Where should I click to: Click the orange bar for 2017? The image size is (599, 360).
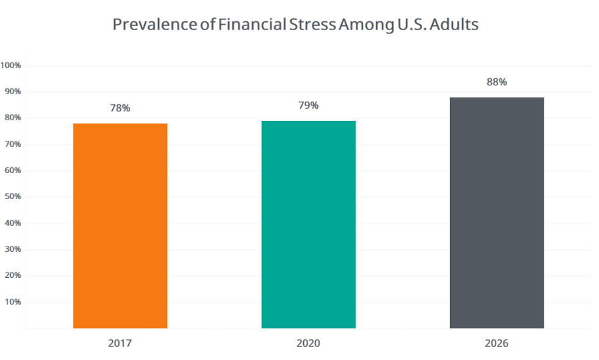coord(120,226)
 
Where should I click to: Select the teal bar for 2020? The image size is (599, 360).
coord(309,224)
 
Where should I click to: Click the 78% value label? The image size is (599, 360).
coord(120,108)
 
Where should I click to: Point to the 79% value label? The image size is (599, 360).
coord(309,106)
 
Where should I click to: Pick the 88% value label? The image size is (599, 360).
coord(497,82)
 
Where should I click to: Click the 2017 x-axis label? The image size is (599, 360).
coord(120,343)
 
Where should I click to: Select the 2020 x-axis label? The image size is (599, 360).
coord(309,343)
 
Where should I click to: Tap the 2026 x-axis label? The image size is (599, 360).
coord(497,343)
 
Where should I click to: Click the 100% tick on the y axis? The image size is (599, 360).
coord(11,65)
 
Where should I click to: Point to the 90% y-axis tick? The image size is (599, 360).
coord(13,92)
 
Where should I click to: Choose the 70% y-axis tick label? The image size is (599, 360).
coord(13,144)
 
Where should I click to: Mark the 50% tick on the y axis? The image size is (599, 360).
coord(13,196)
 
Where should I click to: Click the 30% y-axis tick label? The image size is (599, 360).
coord(13,249)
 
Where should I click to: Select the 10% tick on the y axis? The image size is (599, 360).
coord(13,302)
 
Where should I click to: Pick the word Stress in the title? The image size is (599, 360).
coord(312,25)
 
